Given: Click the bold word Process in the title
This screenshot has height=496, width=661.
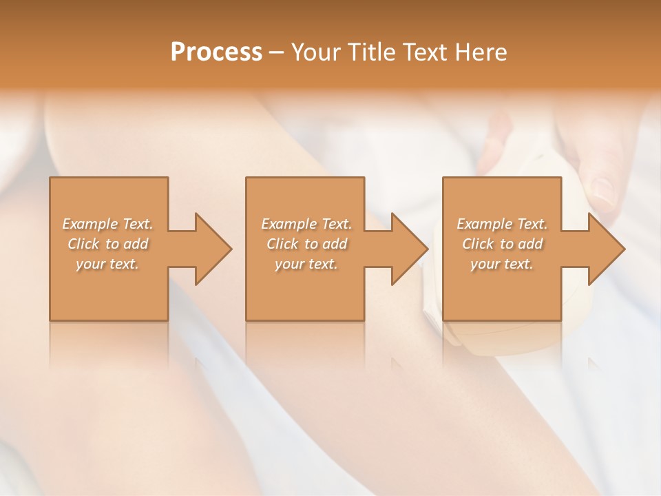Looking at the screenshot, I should (216, 52).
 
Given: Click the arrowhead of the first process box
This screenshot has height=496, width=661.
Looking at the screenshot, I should (211, 249).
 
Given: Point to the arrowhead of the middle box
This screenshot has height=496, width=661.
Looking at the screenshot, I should (407, 249).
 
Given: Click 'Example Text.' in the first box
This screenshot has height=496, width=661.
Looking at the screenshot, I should (108, 224).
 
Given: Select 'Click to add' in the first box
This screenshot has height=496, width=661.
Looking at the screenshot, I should (108, 244).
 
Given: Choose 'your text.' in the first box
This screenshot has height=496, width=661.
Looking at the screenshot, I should (107, 264).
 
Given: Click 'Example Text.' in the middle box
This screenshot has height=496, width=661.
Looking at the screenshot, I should (306, 224).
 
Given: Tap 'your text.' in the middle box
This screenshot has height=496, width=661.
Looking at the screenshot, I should (306, 264).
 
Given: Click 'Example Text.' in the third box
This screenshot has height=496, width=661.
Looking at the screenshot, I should (502, 224).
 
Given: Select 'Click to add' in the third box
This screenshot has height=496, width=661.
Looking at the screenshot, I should (503, 244).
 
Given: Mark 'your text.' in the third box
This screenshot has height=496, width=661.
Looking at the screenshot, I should (502, 264).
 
